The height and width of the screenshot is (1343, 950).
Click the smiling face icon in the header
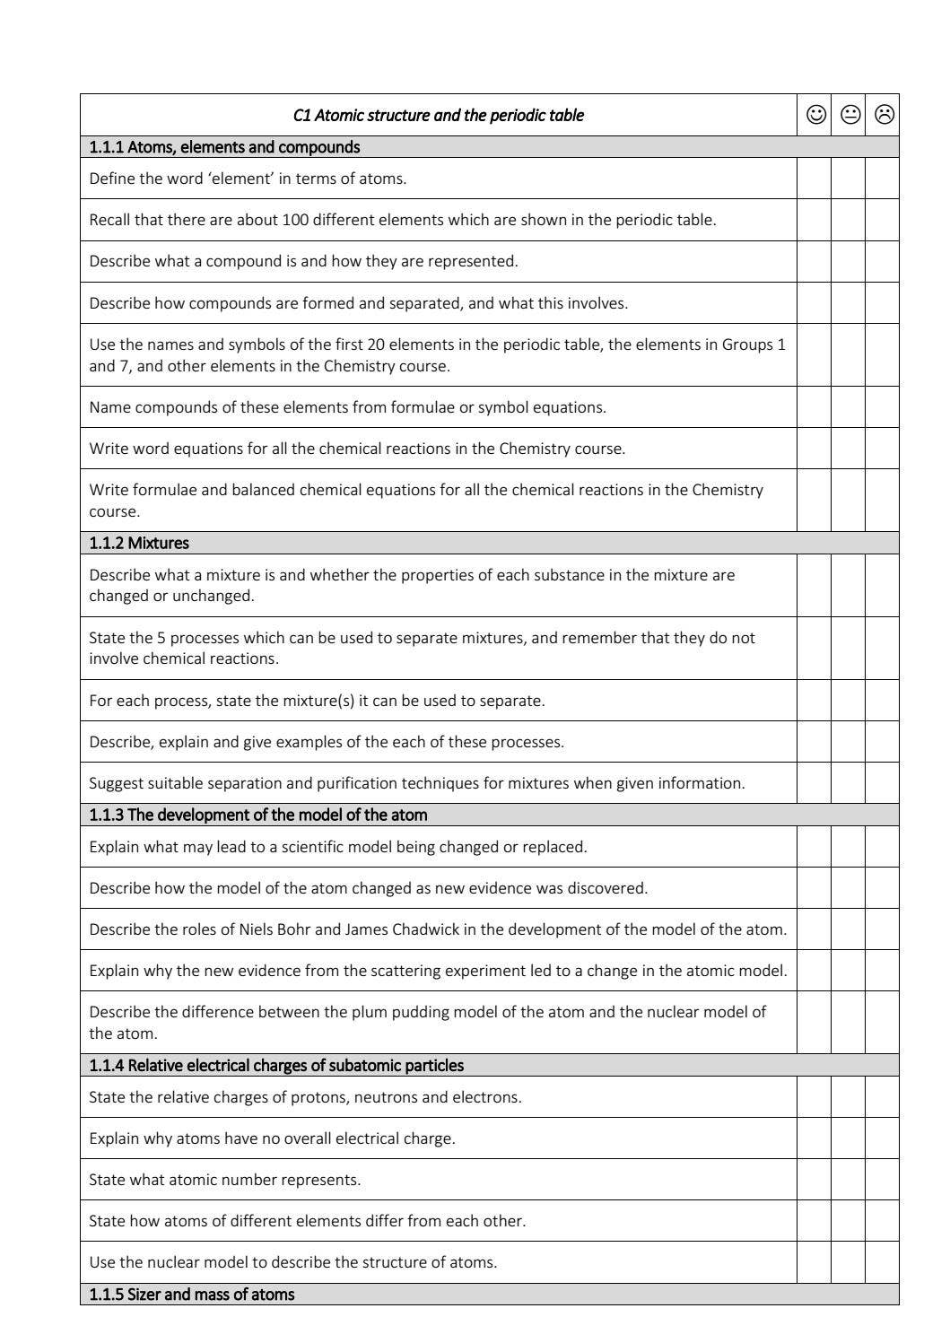pos(815,115)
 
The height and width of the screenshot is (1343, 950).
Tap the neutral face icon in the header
pos(850,115)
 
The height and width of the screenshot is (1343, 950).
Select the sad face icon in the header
pos(884,115)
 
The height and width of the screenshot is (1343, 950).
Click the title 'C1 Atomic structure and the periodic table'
pos(438,115)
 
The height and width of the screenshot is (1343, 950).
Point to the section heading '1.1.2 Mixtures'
pos(139,543)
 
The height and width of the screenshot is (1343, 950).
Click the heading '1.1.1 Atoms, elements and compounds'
pos(224,147)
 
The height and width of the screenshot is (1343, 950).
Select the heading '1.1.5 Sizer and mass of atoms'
pos(191,1295)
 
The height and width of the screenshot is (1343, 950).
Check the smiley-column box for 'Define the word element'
pos(815,179)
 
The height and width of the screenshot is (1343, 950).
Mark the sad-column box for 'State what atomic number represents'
pos(883,1180)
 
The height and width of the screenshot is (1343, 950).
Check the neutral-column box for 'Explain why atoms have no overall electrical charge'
pos(849,1138)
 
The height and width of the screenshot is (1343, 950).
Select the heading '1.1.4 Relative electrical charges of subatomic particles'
pos(276,1066)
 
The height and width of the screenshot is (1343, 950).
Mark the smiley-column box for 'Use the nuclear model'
pos(815,1262)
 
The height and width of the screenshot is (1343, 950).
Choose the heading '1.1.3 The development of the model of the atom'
pos(258,815)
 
